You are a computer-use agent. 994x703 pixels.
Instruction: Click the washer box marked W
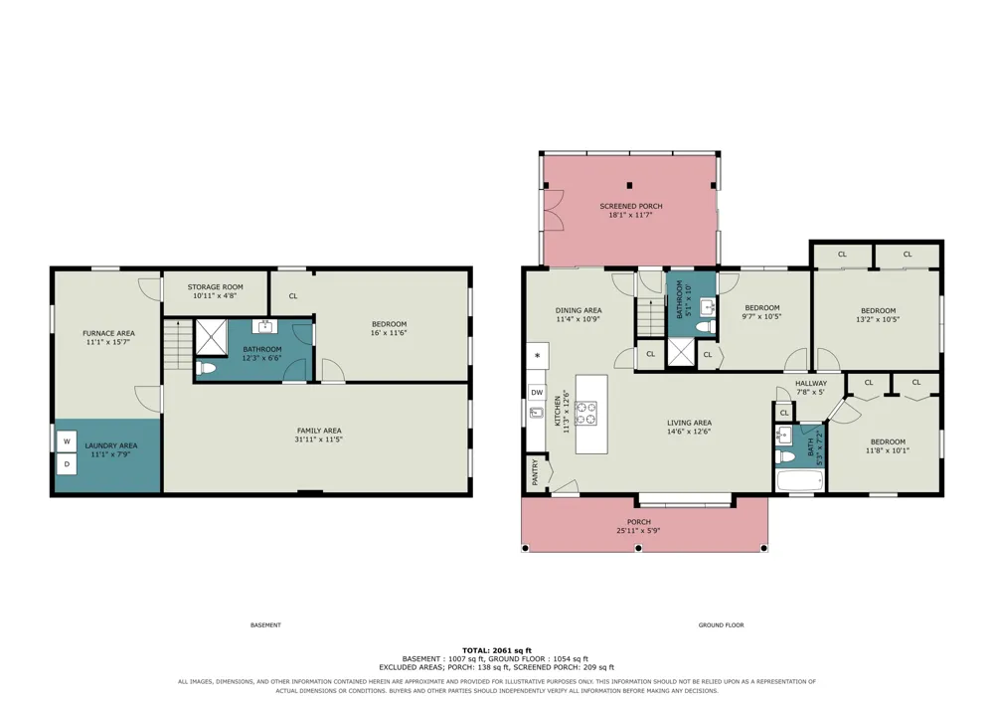(x=67, y=441)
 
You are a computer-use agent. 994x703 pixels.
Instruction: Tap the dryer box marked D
(x=67, y=464)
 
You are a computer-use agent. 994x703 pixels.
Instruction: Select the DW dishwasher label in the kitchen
(x=537, y=393)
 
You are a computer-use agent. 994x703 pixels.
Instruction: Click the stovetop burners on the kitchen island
(x=585, y=414)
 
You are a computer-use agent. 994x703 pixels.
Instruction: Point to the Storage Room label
(x=215, y=286)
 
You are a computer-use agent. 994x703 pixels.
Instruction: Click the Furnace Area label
(x=109, y=333)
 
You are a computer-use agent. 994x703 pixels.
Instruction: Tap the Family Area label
(x=319, y=431)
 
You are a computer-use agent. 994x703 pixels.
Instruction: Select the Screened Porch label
(x=631, y=206)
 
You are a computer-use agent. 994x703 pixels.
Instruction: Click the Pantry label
(x=536, y=472)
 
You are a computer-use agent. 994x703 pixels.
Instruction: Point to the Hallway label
(x=811, y=383)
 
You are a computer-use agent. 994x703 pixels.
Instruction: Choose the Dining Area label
(x=579, y=310)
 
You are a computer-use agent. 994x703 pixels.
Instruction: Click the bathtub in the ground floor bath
(x=800, y=480)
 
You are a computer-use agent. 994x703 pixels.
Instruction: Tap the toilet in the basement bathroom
(x=206, y=368)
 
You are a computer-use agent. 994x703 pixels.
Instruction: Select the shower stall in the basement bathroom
(x=211, y=337)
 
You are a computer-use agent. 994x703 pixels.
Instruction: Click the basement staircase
(x=178, y=345)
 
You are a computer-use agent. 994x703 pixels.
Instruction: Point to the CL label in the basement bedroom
(x=293, y=295)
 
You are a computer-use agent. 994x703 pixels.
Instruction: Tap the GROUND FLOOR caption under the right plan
(x=721, y=625)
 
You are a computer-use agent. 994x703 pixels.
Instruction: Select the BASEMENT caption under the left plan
(x=265, y=625)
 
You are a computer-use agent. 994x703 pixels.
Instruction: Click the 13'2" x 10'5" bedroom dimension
(x=878, y=319)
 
